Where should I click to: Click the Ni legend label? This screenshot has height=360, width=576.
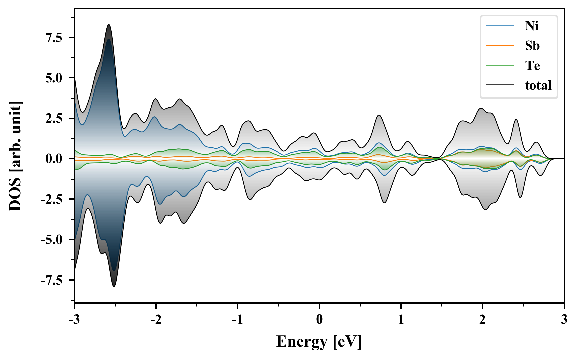(531, 26)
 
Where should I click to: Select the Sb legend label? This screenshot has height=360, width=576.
(532, 46)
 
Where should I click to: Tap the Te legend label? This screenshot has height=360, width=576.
(532, 66)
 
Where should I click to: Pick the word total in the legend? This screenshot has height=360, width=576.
(538, 85)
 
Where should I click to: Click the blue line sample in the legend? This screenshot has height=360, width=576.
(500, 26)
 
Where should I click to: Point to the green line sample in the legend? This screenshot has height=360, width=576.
(500, 66)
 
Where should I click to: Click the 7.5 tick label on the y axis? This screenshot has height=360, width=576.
(54, 38)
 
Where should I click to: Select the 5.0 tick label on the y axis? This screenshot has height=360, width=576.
(54, 78)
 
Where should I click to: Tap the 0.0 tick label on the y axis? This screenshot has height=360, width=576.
(54, 159)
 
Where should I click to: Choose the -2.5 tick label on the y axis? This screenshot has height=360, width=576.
(52, 200)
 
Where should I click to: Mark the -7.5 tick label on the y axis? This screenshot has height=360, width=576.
(52, 281)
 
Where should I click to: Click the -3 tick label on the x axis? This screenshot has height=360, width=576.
(74, 320)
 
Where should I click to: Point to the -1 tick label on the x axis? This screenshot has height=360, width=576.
(237, 320)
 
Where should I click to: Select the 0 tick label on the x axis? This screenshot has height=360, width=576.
(319, 320)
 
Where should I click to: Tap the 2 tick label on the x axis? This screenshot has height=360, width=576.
(482, 320)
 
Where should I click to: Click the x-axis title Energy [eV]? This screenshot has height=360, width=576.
(319, 342)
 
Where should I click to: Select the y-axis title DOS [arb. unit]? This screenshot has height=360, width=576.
(15, 156)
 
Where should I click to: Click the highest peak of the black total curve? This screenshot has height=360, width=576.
(109, 25)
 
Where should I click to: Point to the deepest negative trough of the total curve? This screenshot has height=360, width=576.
(114, 286)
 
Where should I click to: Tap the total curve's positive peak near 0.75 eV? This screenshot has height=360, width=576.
(379, 115)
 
